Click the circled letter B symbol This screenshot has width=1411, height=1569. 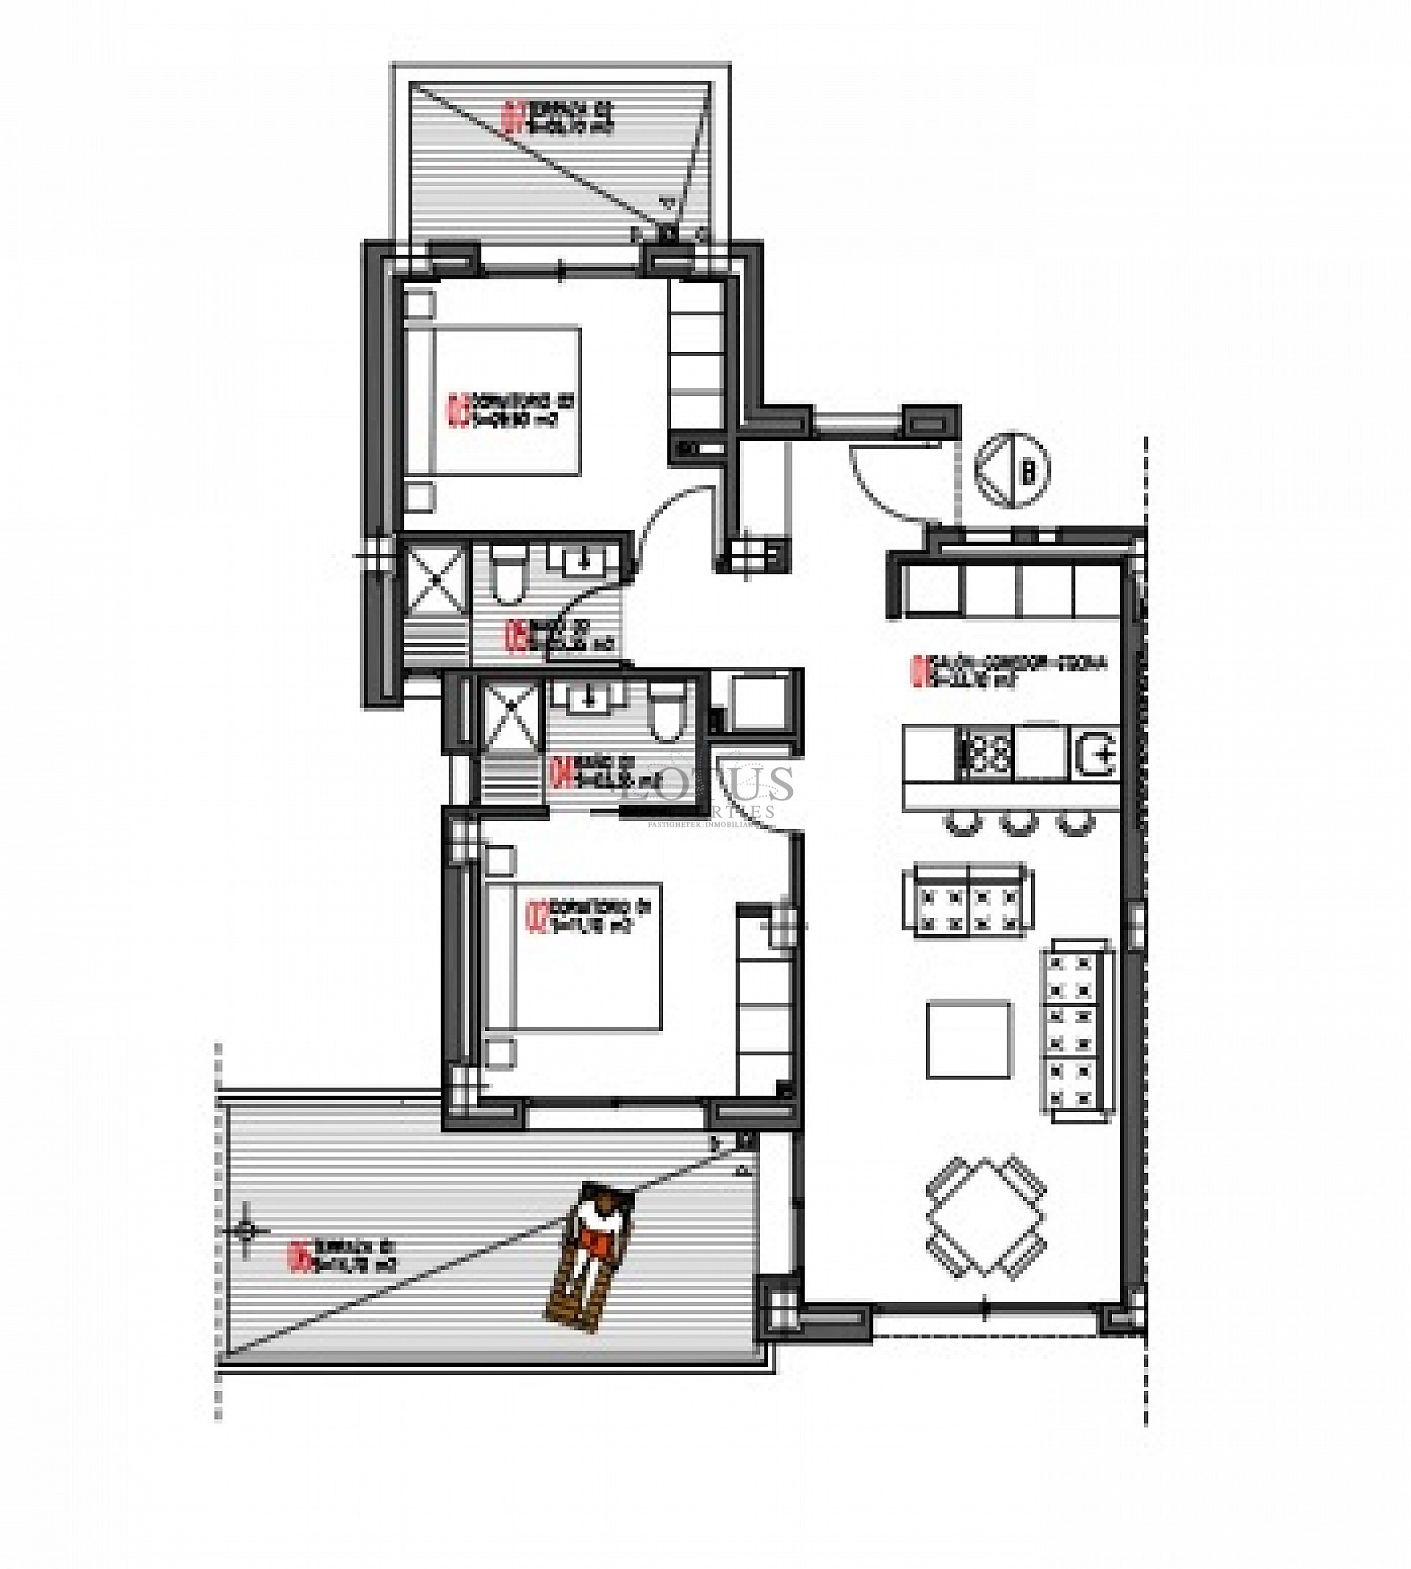coord(1013,470)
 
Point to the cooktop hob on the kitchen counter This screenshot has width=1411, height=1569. coord(987,751)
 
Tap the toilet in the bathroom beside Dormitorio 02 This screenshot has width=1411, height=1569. coord(509,574)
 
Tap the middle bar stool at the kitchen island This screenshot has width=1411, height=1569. coord(1019,821)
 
